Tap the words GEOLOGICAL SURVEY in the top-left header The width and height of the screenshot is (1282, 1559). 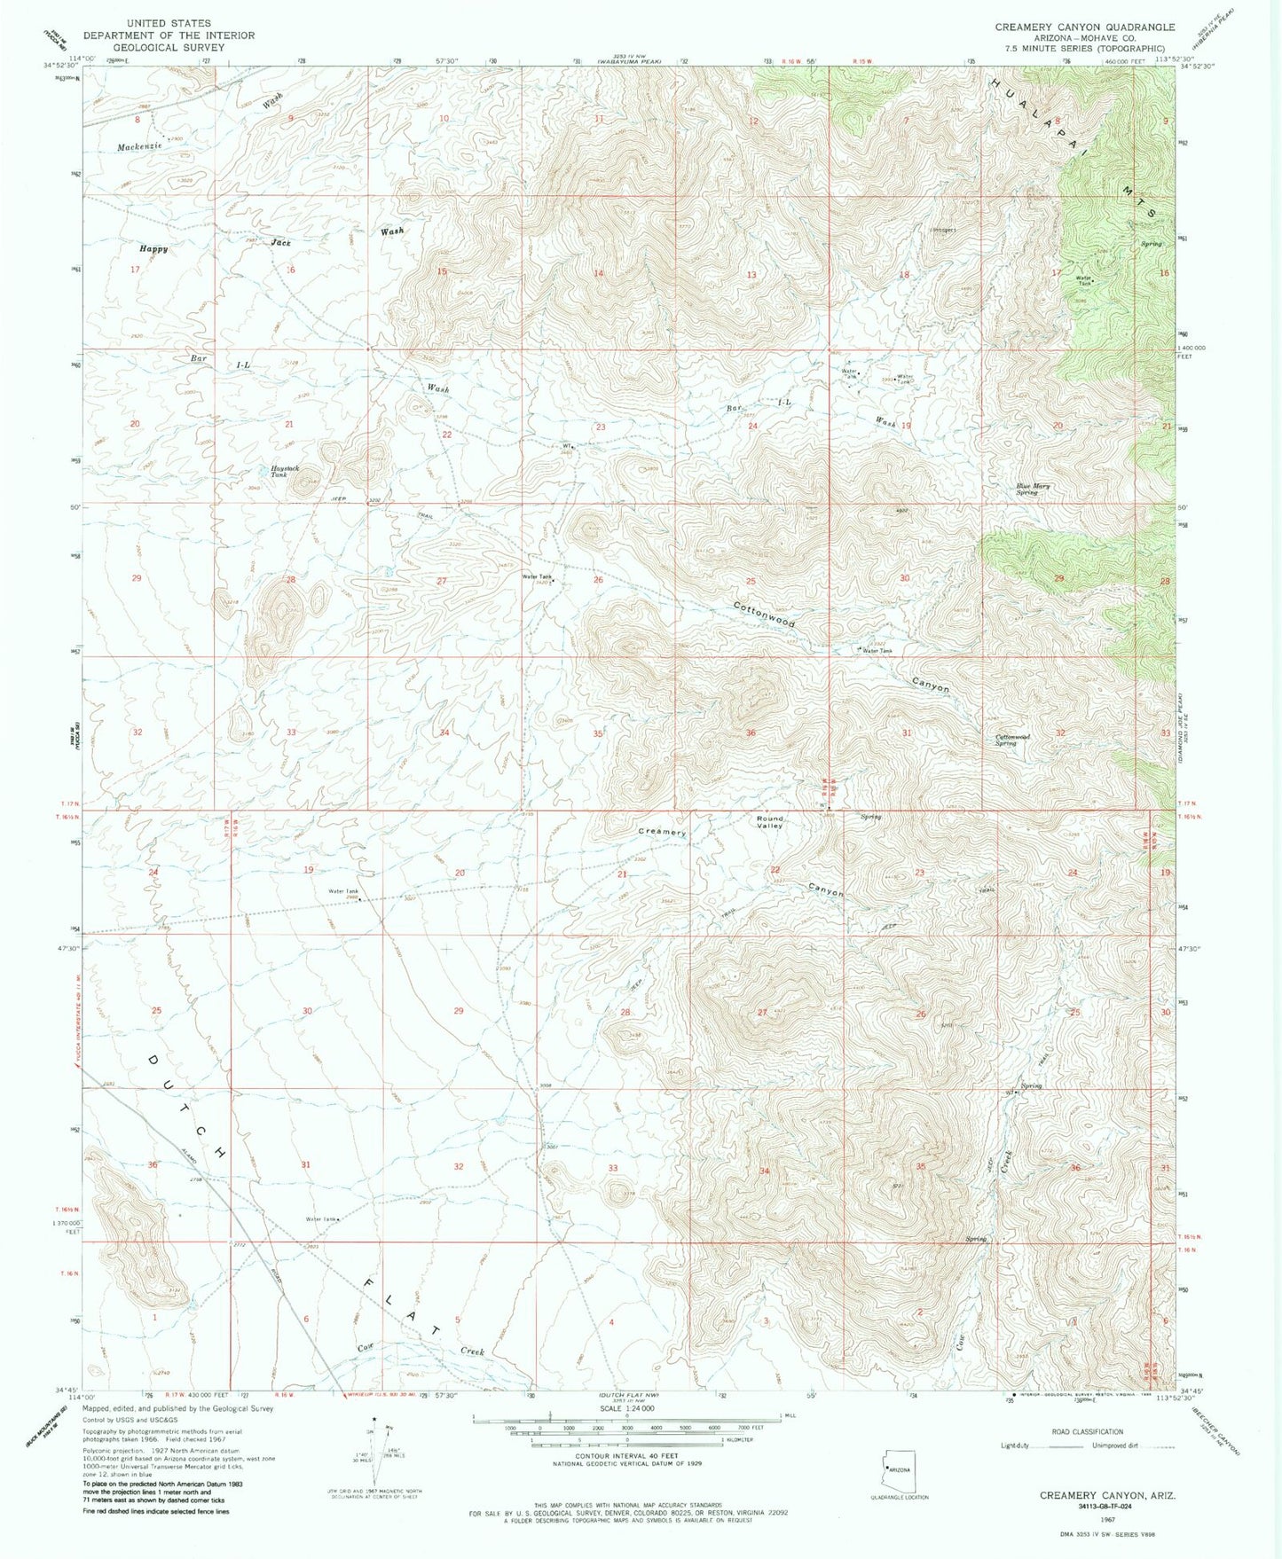(169, 47)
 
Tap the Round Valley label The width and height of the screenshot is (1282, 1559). (769, 822)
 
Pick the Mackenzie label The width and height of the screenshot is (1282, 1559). (138, 146)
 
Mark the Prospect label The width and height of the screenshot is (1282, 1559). (943, 230)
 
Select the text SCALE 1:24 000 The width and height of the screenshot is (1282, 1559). (626, 1408)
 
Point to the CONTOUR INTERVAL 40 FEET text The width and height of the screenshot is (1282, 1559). (626, 1456)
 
